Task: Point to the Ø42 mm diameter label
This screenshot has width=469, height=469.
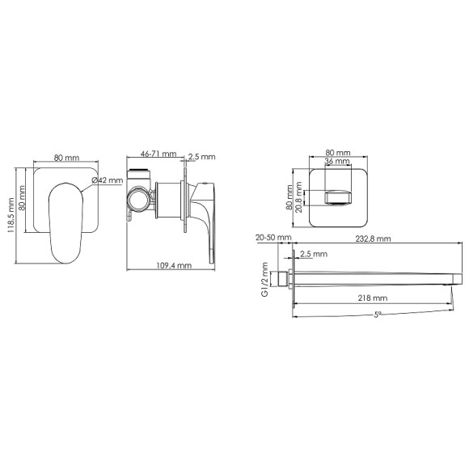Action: (107, 180)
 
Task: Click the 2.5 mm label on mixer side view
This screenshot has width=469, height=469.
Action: (202, 157)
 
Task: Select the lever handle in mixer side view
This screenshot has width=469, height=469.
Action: (211, 218)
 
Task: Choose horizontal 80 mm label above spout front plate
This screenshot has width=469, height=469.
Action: (337, 151)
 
